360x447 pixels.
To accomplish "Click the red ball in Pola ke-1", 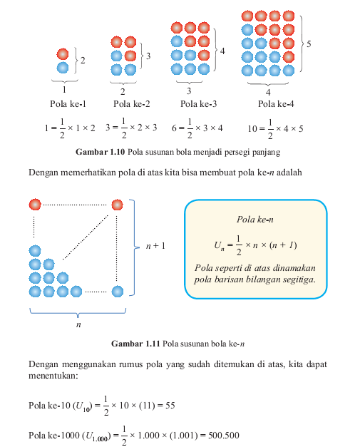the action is (63, 54).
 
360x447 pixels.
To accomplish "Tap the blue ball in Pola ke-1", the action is (63, 68).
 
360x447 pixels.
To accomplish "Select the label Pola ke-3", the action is (198, 104).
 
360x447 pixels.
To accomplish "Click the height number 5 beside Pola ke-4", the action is (309, 44).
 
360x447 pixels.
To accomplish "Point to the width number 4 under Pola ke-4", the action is (268, 93).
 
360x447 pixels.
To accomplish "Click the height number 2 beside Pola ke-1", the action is (83, 61).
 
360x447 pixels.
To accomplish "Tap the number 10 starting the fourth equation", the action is (252, 129).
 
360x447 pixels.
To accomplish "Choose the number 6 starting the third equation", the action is (174, 128).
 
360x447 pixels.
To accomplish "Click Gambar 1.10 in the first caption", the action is (100, 152).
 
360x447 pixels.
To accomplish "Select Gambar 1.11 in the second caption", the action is (135, 344).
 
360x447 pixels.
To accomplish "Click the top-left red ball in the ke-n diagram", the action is (35, 205).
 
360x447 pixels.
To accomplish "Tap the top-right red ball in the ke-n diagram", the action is (117, 205).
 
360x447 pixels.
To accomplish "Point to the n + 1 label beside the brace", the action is (155, 246).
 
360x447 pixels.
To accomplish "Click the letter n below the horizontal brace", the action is (78, 324).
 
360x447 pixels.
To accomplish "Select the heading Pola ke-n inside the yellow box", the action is (254, 220).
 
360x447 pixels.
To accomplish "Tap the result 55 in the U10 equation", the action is (170, 406).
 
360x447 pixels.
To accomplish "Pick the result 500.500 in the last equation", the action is (224, 436).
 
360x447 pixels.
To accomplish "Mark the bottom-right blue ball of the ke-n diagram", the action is (117, 292).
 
